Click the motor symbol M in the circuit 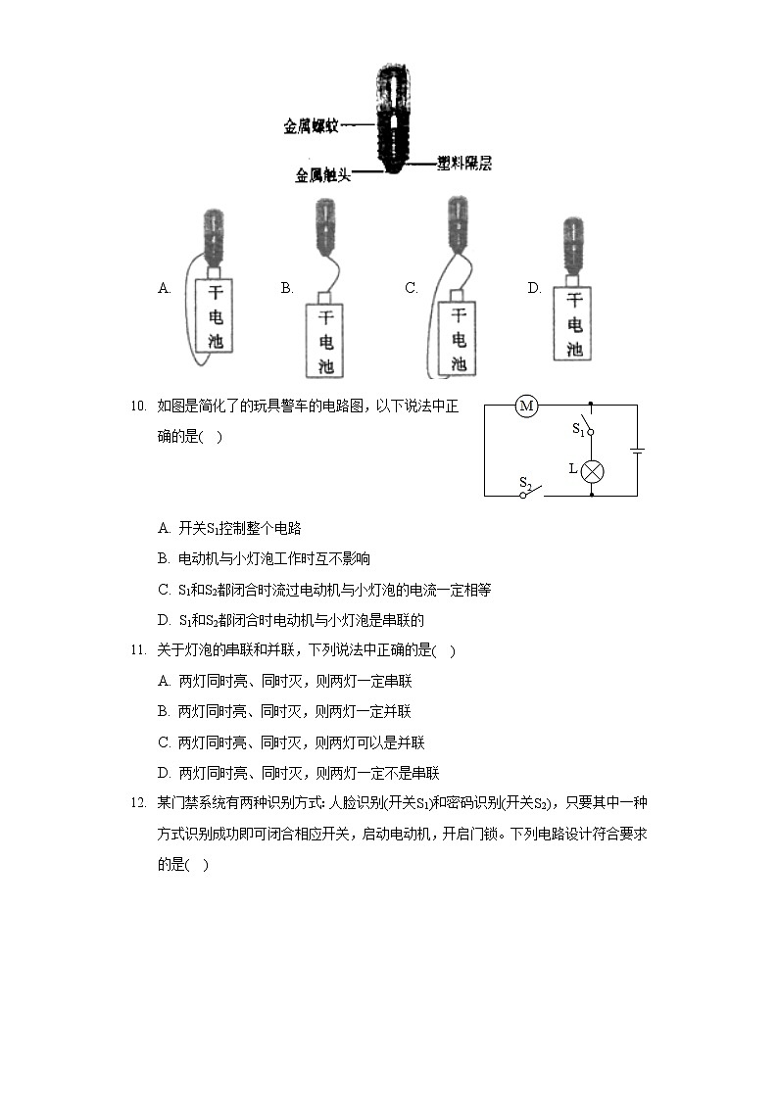coord(527,406)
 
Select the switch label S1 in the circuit coord(578,429)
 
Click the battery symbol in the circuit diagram coord(637,451)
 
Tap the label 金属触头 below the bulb coord(322,173)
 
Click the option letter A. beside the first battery coord(165,288)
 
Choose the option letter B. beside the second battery coord(287,288)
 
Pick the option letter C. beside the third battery coord(412,288)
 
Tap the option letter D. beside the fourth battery coord(534,288)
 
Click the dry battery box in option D coord(574,324)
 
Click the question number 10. coord(137,406)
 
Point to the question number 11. coord(137,650)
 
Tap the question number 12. coord(137,803)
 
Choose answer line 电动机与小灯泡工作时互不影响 coord(274,559)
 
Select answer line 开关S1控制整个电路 coord(239,529)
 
